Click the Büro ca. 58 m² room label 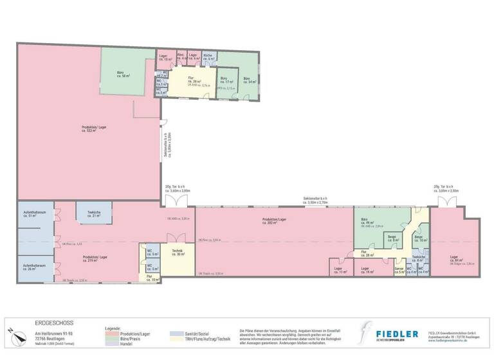120,75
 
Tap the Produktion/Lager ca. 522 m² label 94,128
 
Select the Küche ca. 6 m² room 208,57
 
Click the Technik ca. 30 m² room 178,253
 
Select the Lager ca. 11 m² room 338,271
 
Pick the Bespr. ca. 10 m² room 419,239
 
